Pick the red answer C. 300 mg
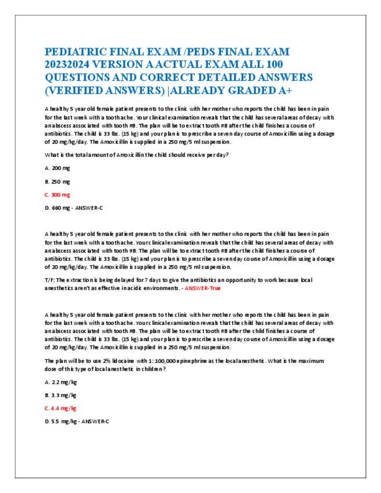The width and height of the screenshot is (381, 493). (x=58, y=195)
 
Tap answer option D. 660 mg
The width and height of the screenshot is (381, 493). (x=58, y=208)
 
